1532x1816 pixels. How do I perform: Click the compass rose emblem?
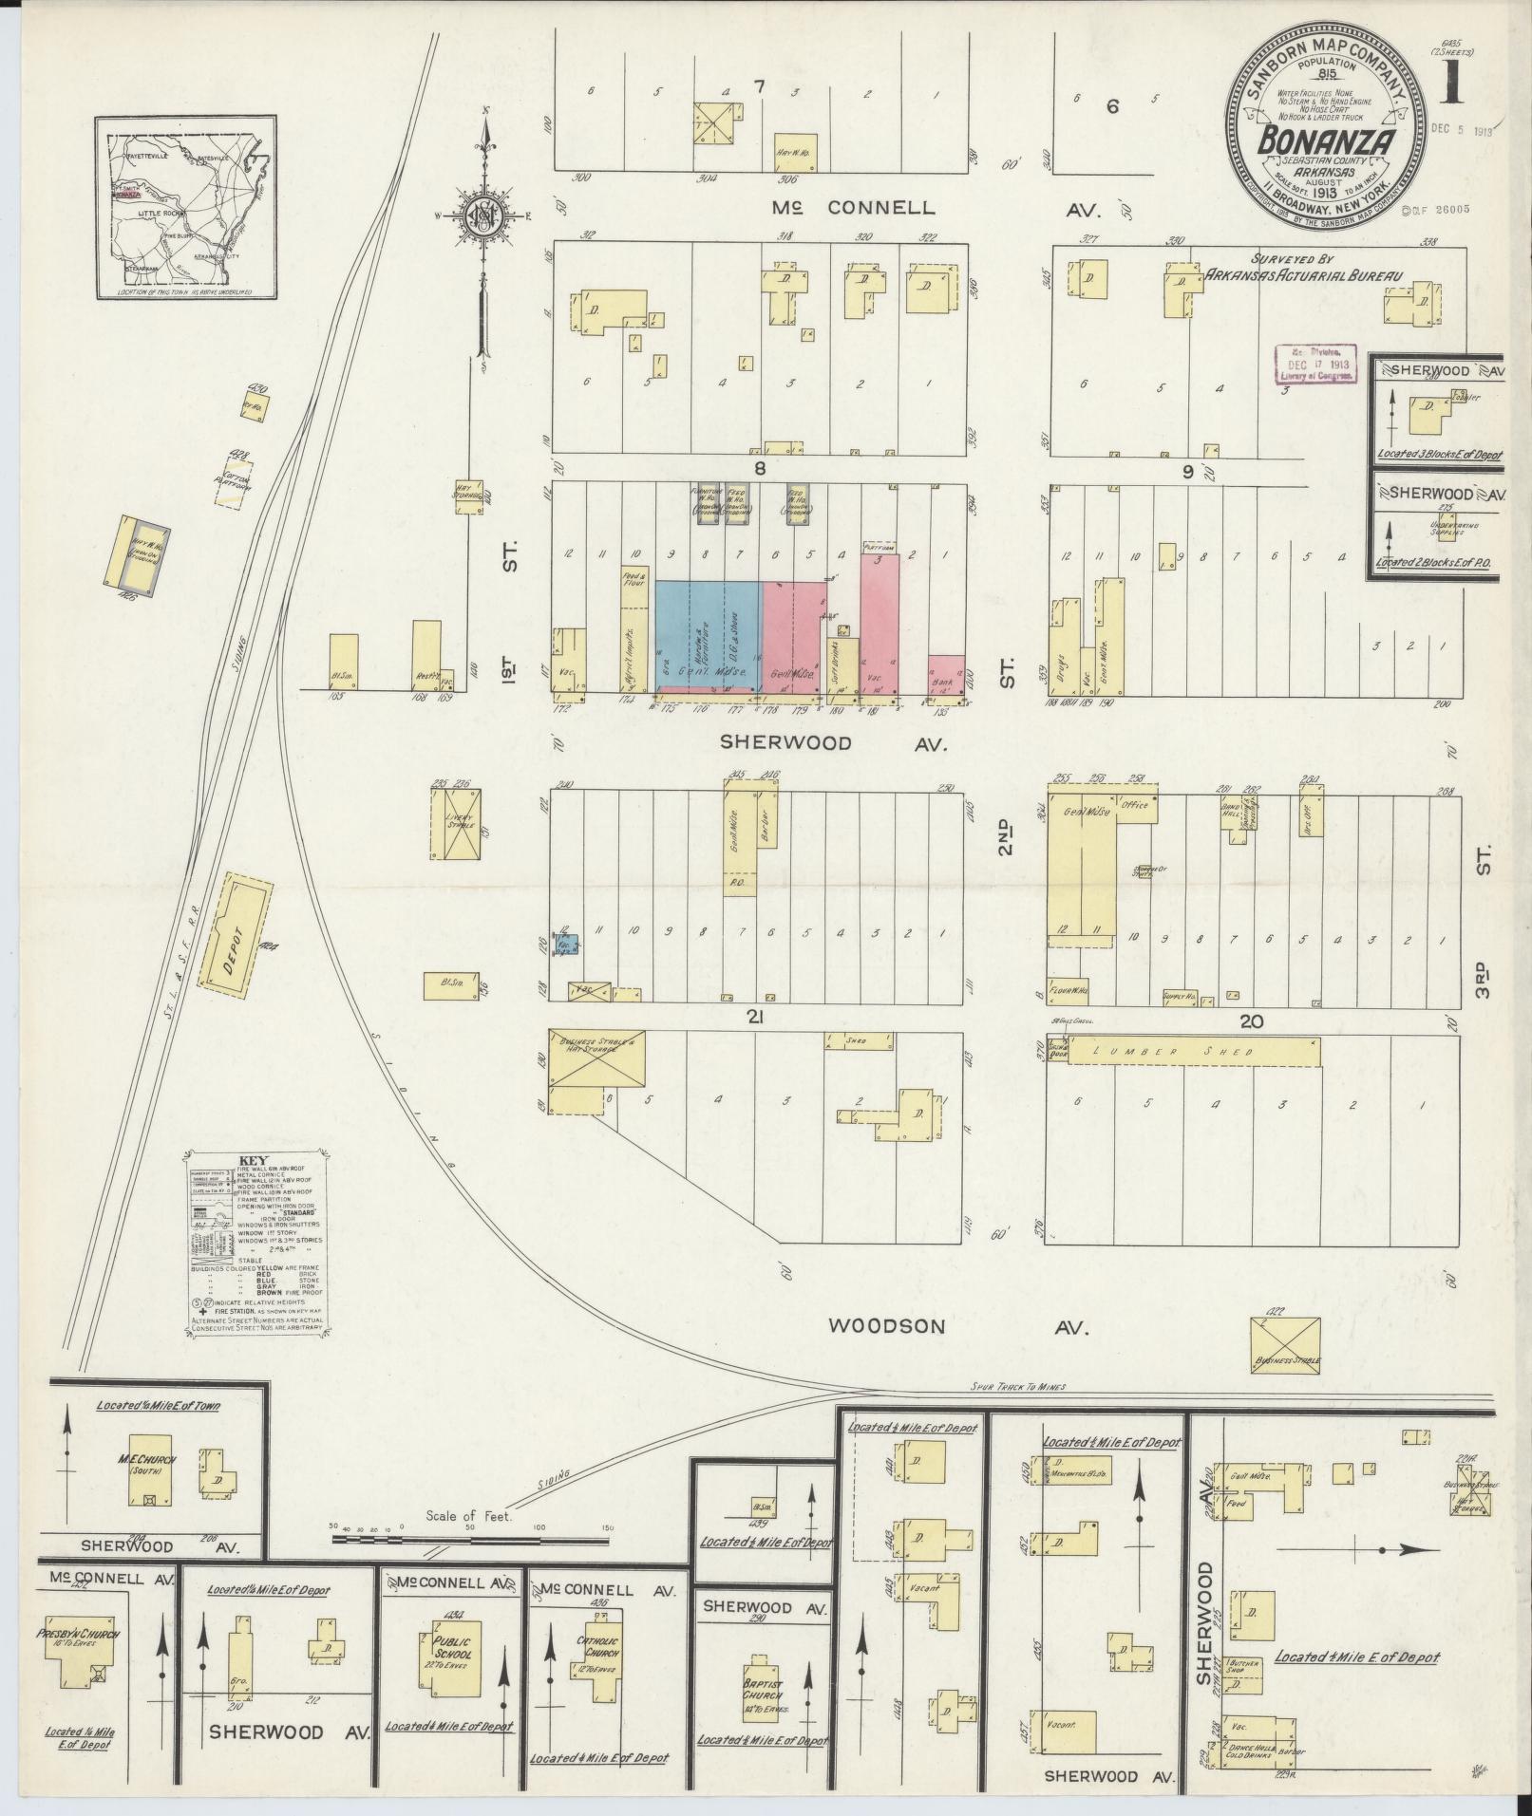(483, 217)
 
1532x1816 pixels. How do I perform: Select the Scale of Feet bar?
(469, 1539)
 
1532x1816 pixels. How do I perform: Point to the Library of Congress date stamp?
(1314, 363)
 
